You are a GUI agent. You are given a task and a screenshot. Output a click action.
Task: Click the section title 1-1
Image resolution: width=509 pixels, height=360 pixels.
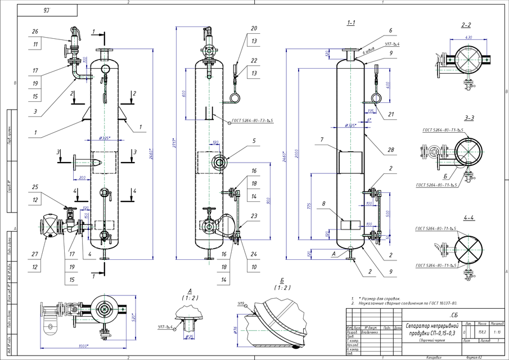click(x=351, y=24)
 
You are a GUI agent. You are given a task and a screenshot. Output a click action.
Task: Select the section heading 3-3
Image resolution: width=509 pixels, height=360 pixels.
click(x=469, y=118)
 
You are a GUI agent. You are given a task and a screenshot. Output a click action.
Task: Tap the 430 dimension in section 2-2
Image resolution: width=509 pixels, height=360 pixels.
click(x=469, y=37)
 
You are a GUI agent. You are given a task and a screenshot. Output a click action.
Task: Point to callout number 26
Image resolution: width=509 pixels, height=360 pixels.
click(x=35, y=31)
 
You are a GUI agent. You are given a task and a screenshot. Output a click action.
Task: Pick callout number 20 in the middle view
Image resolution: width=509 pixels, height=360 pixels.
click(x=254, y=28)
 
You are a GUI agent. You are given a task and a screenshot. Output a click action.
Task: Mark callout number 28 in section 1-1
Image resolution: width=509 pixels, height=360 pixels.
click(x=390, y=151)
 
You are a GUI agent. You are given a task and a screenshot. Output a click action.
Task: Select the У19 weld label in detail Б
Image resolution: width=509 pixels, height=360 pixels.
click(x=242, y=304)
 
